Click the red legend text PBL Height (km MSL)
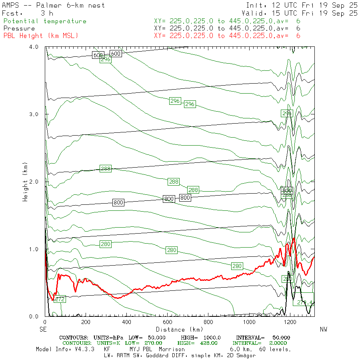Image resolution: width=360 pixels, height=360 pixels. pos(41,36)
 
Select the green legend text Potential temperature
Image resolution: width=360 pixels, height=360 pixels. pos(45,21)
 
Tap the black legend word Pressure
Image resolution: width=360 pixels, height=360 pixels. pos(19,28)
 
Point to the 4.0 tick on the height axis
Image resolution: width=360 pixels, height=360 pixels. pos(34,47)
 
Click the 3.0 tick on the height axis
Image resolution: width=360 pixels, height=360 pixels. pos(34,114)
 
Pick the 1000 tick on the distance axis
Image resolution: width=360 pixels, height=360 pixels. pos(249,322)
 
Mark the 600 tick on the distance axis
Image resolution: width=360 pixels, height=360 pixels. pos(168,322)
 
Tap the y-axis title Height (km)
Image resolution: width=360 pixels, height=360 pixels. pos(25,182)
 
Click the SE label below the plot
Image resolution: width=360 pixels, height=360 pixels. pos(43,330)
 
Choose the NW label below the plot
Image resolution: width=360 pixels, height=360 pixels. pos(324,330)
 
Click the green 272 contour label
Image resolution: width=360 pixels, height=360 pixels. pos(60,299)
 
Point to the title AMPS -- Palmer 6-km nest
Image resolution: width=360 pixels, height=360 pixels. pos(54,5)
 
